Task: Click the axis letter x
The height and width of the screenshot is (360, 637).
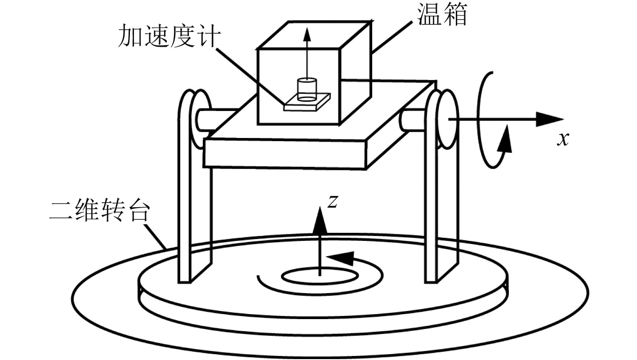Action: [x=562, y=139]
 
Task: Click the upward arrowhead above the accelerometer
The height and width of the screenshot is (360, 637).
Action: [x=307, y=34]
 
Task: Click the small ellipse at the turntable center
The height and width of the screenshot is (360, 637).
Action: [x=319, y=276]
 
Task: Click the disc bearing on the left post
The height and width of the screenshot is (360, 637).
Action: [x=203, y=118]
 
